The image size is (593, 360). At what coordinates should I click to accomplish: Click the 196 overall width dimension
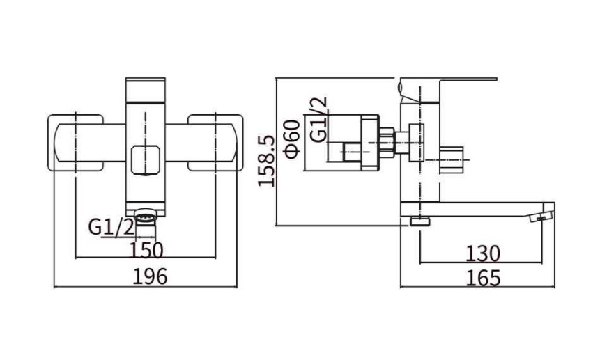pos(150,277)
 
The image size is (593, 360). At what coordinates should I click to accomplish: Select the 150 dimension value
pos(146,250)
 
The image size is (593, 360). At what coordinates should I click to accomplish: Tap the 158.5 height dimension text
pos(266,161)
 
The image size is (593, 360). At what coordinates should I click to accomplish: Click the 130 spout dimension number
pos(483,253)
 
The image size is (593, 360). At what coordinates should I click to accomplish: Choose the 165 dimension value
pos(483,278)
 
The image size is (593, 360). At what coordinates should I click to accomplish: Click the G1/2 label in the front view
pos(111,228)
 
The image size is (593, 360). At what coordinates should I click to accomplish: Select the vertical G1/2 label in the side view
pos(318,119)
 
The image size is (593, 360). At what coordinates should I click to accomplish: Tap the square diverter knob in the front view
pos(145,160)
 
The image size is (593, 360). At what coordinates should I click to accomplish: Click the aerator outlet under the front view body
pos(146,219)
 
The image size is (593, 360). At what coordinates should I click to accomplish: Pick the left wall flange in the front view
pos(75,143)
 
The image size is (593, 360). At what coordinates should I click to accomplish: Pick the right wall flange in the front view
pos(215,143)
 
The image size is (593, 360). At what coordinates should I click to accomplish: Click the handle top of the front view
pos(146,91)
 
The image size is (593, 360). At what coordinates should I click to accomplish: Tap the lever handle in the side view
pos(448,90)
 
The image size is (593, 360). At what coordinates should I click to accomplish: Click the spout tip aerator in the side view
pos(541,217)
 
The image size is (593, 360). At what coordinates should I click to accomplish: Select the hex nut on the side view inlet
pos(387,142)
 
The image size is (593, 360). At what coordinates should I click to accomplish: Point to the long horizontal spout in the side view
pos(477,210)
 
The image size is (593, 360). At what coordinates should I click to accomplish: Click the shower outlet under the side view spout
pos(420,221)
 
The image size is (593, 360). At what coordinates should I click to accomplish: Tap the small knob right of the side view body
pos(452,159)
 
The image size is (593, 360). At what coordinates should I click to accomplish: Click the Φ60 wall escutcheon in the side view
pos(370,142)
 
